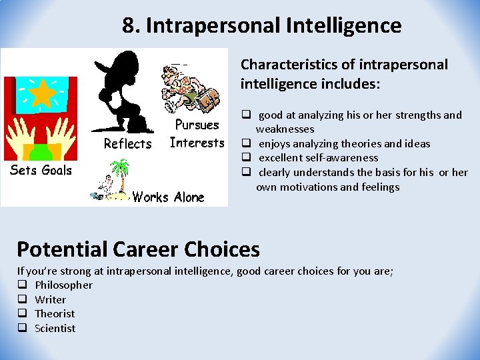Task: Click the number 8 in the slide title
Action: click(128, 26)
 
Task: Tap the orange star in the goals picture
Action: click(43, 95)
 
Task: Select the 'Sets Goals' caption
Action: click(41, 170)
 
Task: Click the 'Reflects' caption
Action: click(127, 144)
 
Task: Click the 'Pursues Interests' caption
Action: click(197, 134)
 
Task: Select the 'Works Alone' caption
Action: click(168, 197)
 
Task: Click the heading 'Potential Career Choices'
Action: click(138, 249)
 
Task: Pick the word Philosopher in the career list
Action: click(63, 285)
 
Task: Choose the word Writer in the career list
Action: click(50, 300)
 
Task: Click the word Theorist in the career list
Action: click(55, 314)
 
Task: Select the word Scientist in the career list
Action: click(55, 328)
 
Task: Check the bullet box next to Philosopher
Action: click(22, 285)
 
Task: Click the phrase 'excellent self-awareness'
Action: click(318, 158)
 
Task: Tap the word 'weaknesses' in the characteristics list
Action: click(285, 129)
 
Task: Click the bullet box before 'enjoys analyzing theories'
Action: click(245, 143)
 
